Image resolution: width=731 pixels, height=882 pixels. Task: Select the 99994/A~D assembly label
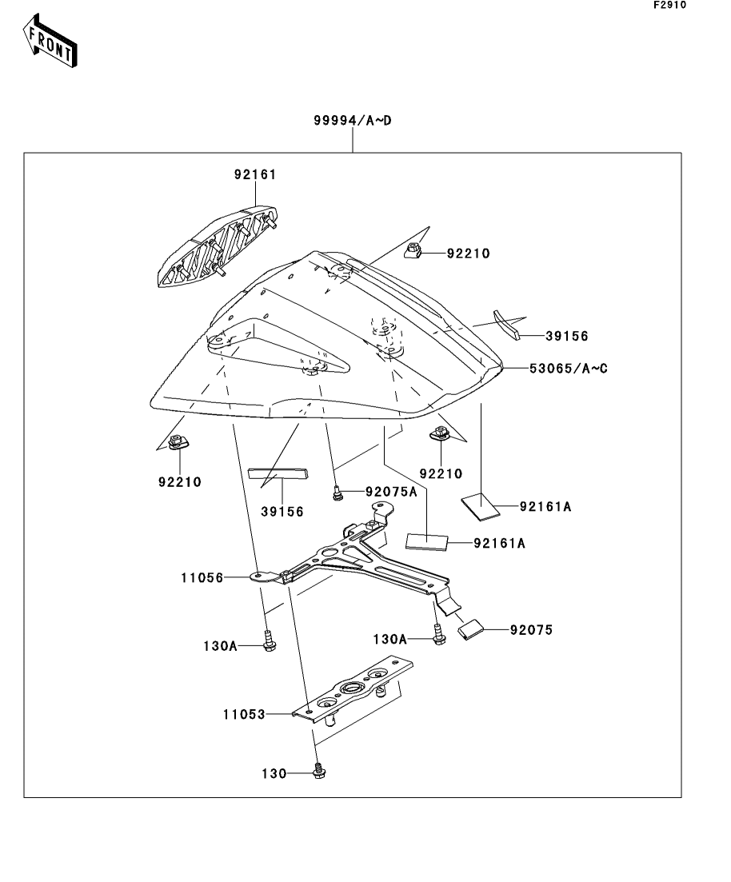(x=352, y=122)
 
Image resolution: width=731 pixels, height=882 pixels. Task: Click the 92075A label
(x=391, y=492)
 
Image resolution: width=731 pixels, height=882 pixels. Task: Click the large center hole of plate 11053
(x=351, y=688)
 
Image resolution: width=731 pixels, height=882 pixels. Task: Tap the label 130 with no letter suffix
(x=274, y=773)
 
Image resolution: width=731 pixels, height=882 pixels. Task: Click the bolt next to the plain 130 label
(x=318, y=772)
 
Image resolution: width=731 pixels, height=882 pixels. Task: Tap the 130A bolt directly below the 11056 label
(x=269, y=641)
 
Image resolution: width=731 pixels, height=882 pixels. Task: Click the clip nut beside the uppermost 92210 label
(x=414, y=252)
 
